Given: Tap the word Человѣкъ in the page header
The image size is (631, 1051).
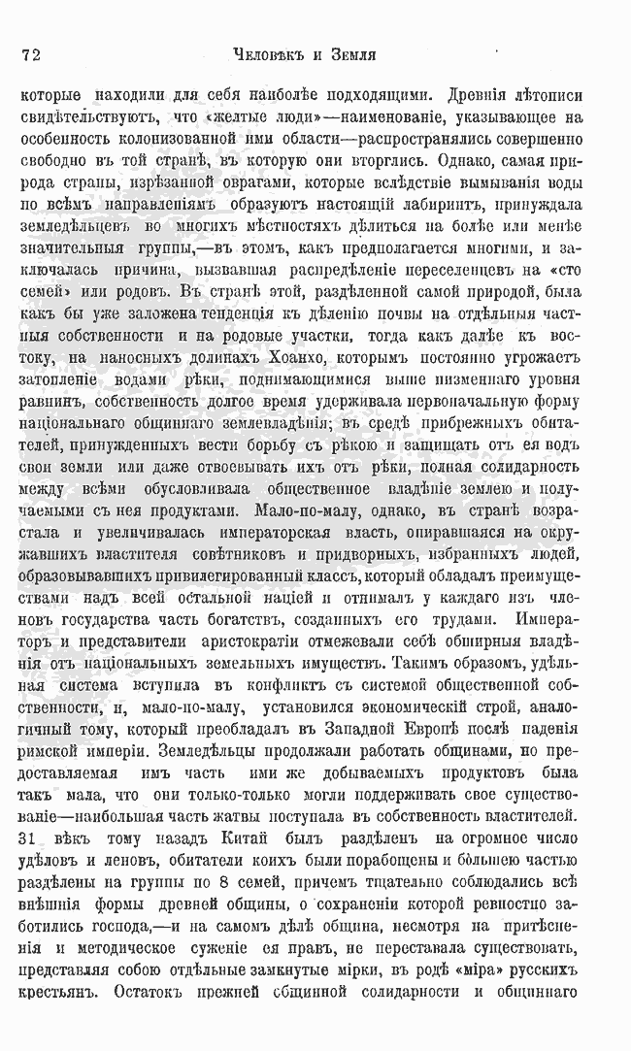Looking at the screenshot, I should [x=256, y=54].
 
